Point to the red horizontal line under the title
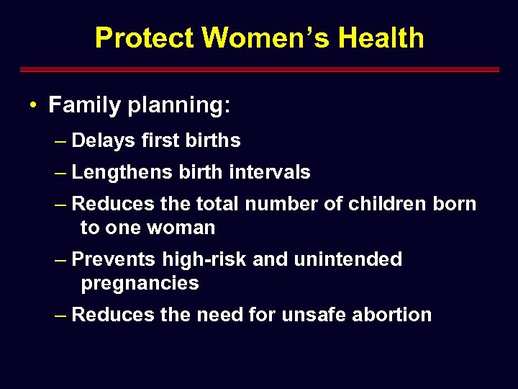pyautogui.click(x=259, y=70)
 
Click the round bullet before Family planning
pyautogui.click(x=33, y=106)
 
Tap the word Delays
pyautogui.click(x=103, y=140)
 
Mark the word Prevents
pyautogui.click(x=114, y=259)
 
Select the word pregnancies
pyautogui.click(x=140, y=283)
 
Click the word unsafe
pyautogui.click(x=314, y=315)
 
